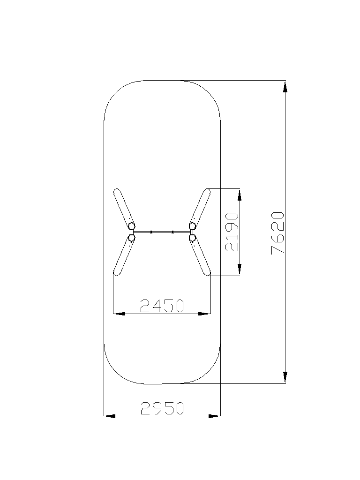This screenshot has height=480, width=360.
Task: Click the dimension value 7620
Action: tap(278, 232)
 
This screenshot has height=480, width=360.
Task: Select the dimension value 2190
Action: tap(232, 232)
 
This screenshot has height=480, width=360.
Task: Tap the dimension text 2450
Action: tap(162, 306)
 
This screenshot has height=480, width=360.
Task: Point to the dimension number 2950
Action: tap(162, 408)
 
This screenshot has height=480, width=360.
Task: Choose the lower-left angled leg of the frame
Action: tap(124, 255)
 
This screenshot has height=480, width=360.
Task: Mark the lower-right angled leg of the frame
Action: tap(200, 255)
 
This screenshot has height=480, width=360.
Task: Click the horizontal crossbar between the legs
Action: tap(162, 232)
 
